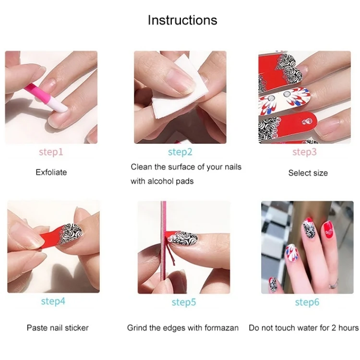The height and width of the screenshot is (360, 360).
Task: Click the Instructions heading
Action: (182, 20)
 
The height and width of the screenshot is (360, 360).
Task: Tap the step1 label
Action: (51, 152)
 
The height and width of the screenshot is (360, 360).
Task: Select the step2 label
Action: (180, 152)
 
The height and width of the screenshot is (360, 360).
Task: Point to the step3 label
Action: (304, 152)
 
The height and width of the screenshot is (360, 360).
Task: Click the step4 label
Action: (53, 301)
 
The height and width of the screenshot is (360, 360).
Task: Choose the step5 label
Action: (184, 302)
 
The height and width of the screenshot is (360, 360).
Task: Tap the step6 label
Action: (307, 302)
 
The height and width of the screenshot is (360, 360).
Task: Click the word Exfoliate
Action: (51, 172)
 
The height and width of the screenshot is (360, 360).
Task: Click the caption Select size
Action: (308, 173)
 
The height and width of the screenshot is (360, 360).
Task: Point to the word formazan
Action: (222, 328)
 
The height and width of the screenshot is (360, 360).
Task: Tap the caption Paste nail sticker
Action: (58, 328)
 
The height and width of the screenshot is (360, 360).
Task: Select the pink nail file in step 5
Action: (164, 241)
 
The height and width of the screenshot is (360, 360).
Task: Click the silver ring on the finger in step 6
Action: (334, 284)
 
